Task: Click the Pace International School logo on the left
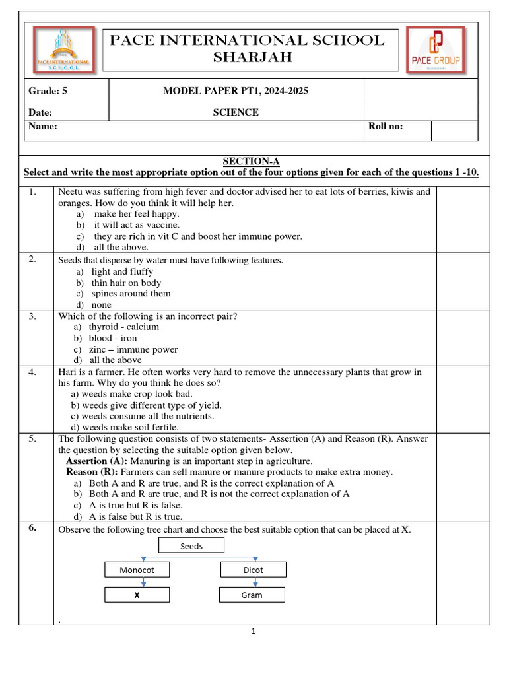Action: pyautogui.click(x=63, y=50)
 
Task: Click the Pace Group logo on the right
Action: pyautogui.click(x=435, y=50)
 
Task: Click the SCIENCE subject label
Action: pyautogui.click(x=235, y=112)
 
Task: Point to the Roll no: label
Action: pyautogui.click(x=386, y=127)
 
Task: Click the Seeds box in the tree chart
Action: pyautogui.click(x=191, y=545)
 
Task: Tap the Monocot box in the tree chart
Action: pyautogui.click(x=137, y=570)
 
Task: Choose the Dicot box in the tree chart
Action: pyautogui.click(x=253, y=570)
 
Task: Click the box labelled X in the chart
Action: pyautogui.click(x=137, y=595)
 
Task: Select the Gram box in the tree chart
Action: pyautogui.click(x=252, y=595)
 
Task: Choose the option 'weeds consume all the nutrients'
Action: pyautogui.click(x=142, y=416)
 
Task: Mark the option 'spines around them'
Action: pyautogui.click(x=131, y=294)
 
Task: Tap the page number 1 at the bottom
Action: pyautogui.click(x=252, y=632)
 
